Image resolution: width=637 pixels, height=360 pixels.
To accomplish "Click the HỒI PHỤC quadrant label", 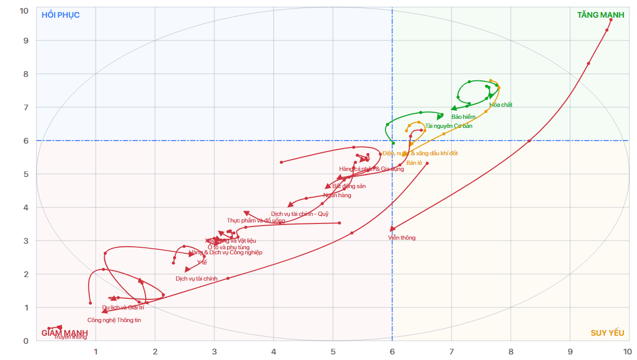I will pyautogui.click(x=61, y=15).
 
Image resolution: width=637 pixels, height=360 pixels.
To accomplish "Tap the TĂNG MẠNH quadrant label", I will pyautogui.click(x=601, y=15).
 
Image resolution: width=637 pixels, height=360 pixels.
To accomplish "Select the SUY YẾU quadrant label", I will pyautogui.click(x=607, y=333).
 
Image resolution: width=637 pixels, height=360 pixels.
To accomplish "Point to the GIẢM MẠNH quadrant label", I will pyautogui.click(x=64, y=333).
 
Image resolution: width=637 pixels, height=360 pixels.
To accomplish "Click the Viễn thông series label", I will pyautogui.click(x=402, y=238).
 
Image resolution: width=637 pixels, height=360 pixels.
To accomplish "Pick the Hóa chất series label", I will pyautogui.click(x=501, y=105).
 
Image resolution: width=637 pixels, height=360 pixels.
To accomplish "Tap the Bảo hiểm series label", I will pyautogui.click(x=463, y=117).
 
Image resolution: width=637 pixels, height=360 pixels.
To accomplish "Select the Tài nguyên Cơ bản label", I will pyautogui.click(x=449, y=126).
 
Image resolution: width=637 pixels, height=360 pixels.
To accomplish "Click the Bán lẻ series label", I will pyautogui.click(x=414, y=163).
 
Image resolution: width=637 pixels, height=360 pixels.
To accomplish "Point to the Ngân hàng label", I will pyautogui.click(x=337, y=195).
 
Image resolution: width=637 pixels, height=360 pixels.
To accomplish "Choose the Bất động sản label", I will pyautogui.click(x=349, y=186).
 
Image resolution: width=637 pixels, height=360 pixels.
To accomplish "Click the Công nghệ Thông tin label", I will pyautogui.click(x=114, y=320).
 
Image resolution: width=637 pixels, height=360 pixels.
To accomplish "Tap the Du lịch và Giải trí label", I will pyautogui.click(x=123, y=307).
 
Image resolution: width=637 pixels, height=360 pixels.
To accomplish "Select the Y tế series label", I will pyautogui.click(x=202, y=262).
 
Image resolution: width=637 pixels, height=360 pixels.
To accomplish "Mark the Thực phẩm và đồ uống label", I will pyautogui.click(x=256, y=220).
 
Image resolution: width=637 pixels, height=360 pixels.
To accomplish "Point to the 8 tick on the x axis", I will pyautogui.click(x=511, y=351).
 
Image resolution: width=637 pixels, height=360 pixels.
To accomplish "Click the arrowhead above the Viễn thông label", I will pyautogui.click(x=392, y=229).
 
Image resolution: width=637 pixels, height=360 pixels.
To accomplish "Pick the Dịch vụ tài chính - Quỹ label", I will pyautogui.click(x=300, y=214).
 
